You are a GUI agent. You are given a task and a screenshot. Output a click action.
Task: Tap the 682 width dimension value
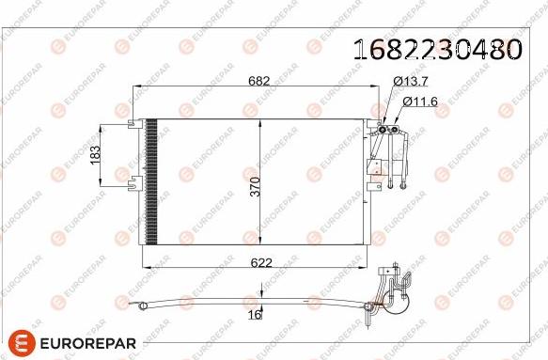pos(259,81)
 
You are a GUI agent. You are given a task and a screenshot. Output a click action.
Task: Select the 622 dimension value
pos(261,262)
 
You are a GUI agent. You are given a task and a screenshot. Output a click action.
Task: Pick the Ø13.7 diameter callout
pos(410,83)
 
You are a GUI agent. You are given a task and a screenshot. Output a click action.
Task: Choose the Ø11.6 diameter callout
pos(419,101)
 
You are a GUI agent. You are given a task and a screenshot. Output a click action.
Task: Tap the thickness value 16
pos(254,316)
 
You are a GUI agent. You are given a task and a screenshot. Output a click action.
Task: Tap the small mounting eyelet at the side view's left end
pos(140,303)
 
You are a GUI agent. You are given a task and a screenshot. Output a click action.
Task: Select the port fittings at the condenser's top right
pos(388,125)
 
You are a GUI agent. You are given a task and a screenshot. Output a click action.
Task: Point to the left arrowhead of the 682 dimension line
pos(137,88)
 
